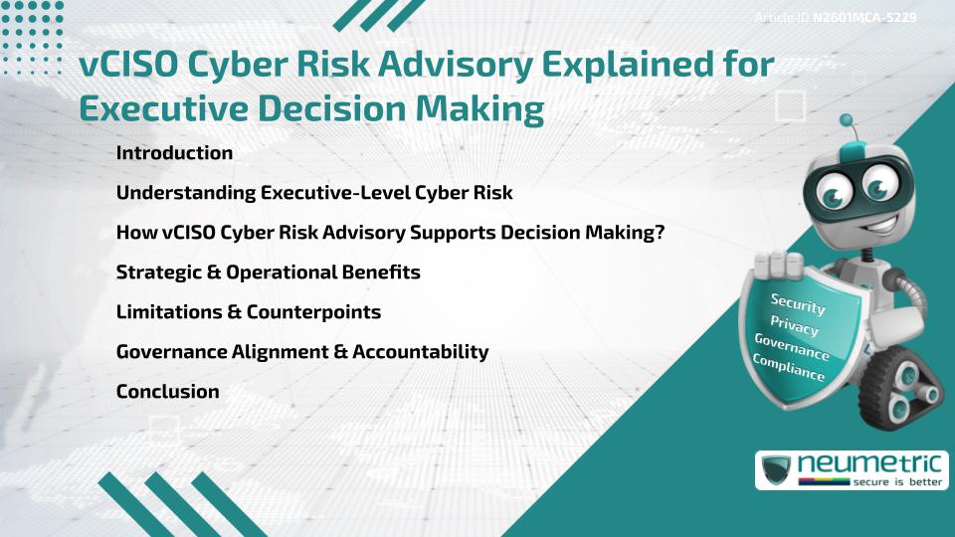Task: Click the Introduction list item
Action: (174, 153)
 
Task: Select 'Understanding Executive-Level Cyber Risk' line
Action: (314, 193)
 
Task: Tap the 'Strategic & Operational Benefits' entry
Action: (268, 272)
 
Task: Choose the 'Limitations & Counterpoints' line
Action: (248, 312)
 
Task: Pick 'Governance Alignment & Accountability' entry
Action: (302, 352)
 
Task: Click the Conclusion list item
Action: (167, 392)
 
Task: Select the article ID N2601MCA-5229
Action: (864, 18)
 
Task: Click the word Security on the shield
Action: (798, 304)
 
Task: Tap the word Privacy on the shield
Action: (794, 327)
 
